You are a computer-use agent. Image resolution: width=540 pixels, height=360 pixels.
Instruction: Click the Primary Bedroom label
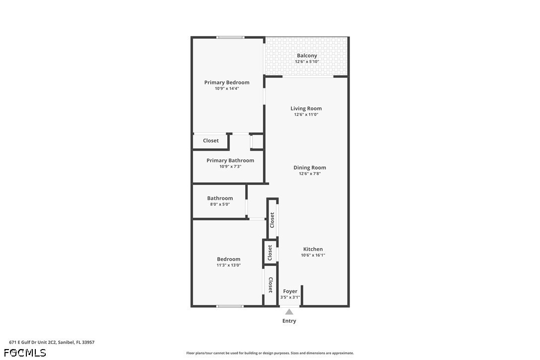(227, 83)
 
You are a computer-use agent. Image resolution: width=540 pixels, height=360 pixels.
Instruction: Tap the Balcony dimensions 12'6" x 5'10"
(307, 62)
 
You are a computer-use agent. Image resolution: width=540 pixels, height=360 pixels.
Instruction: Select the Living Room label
(306, 108)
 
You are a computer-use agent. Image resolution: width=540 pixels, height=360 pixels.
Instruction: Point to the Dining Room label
(309, 168)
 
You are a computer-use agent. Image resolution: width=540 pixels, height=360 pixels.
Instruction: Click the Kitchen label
(313, 249)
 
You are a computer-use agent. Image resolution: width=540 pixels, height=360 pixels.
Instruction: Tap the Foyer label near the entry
(290, 291)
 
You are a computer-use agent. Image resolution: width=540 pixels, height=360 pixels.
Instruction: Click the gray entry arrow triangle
(289, 312)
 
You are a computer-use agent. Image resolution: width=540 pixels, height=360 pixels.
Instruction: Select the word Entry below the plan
(289, 321)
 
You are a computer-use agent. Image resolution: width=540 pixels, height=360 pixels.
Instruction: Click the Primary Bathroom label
(230, 161)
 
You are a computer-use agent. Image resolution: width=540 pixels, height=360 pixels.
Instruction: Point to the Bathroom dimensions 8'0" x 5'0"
(219, 204)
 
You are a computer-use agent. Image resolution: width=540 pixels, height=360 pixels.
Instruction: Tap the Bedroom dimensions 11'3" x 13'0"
(228, 265)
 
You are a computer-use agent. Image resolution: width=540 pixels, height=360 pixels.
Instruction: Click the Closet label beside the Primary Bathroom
(211, 141)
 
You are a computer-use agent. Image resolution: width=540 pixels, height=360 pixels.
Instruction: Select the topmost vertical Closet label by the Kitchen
(272, 220)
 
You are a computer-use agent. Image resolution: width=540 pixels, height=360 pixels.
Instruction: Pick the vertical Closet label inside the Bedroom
(270, 285)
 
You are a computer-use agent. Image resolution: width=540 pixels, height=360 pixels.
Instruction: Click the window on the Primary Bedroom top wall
(231, 37)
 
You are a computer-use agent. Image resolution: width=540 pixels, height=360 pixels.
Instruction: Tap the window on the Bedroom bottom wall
(230, 306)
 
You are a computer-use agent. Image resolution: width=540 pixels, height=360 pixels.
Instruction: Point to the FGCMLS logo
(25, 353)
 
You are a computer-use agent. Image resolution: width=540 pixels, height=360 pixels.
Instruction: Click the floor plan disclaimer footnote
(270, 353)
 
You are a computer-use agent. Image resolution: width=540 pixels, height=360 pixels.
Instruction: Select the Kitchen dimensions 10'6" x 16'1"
(313, 255)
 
